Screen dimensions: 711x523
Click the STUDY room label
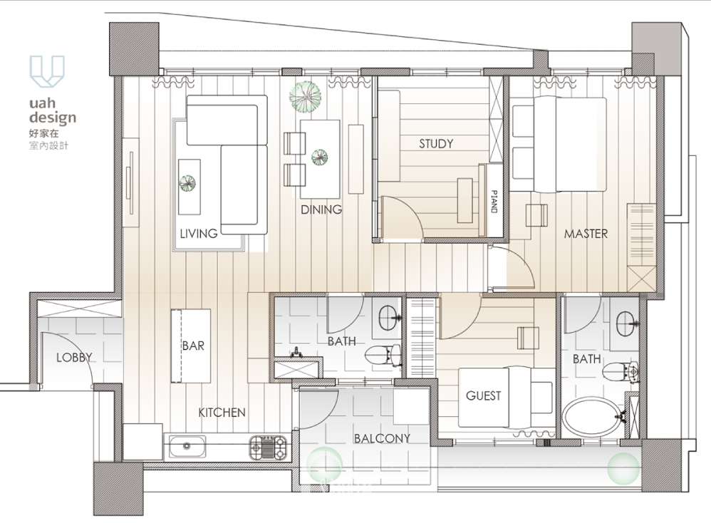pyautogui.click(x=436, y=144)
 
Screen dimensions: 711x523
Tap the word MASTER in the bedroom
pyautogui.click(x=586, y=234)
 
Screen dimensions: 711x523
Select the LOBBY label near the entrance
pyautogui.click(x=74, y=358)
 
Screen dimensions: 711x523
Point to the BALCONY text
pyautogui.click(x=382, y=438)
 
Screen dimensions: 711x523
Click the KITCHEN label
pyautogui.click(x=222, y=413)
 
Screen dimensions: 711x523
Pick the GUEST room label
pyautogui.click(x=483, y=395)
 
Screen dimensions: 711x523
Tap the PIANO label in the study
pyautogui.click(x=494, y=202)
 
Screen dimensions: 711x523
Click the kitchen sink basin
pyautogui.click(x=187, y=446)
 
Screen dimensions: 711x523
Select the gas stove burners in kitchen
pyautogui.click(x=268, y=447)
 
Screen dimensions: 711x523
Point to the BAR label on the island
pyautogui.click(x=193, y=346)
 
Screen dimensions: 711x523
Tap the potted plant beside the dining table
pyautogui.click(x=305, y=97)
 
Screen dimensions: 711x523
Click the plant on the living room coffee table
pyautogui.click(x=187, y=183)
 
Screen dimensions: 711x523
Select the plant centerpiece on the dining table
pyautogui.click(x=319, y=157)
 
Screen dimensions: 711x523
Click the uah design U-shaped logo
pyautogui.click(x=47, y=71)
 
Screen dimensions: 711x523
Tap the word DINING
pyautogui.click(x=321, y=209)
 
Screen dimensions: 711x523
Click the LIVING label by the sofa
pyautogui.click(x=199, y=234)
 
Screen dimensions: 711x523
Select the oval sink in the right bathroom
pyautogui.click(x=627, y=323)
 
